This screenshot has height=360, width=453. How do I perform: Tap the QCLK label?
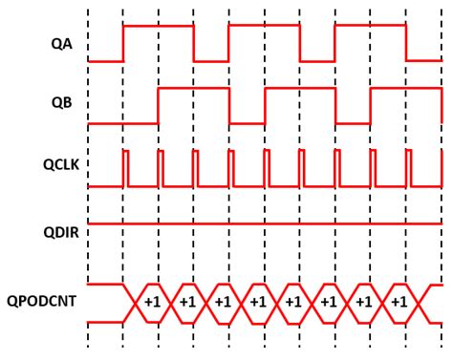[x=57, y=167]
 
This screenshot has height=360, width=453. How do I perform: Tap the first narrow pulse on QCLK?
[x=125, y=167]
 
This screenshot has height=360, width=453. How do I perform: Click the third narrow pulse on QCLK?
[x=196, y=167]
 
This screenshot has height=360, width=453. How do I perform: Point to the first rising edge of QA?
[x=123, y=43]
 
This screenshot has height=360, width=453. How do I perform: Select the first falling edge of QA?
[x=194, y=43]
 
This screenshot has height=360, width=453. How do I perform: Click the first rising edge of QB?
[x=159, y=106]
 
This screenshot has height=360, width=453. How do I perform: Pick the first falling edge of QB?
[x=229, y=106]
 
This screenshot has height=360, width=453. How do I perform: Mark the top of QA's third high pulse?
[x=370, y=26]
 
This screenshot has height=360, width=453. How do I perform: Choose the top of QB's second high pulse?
[x=299, y=89]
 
